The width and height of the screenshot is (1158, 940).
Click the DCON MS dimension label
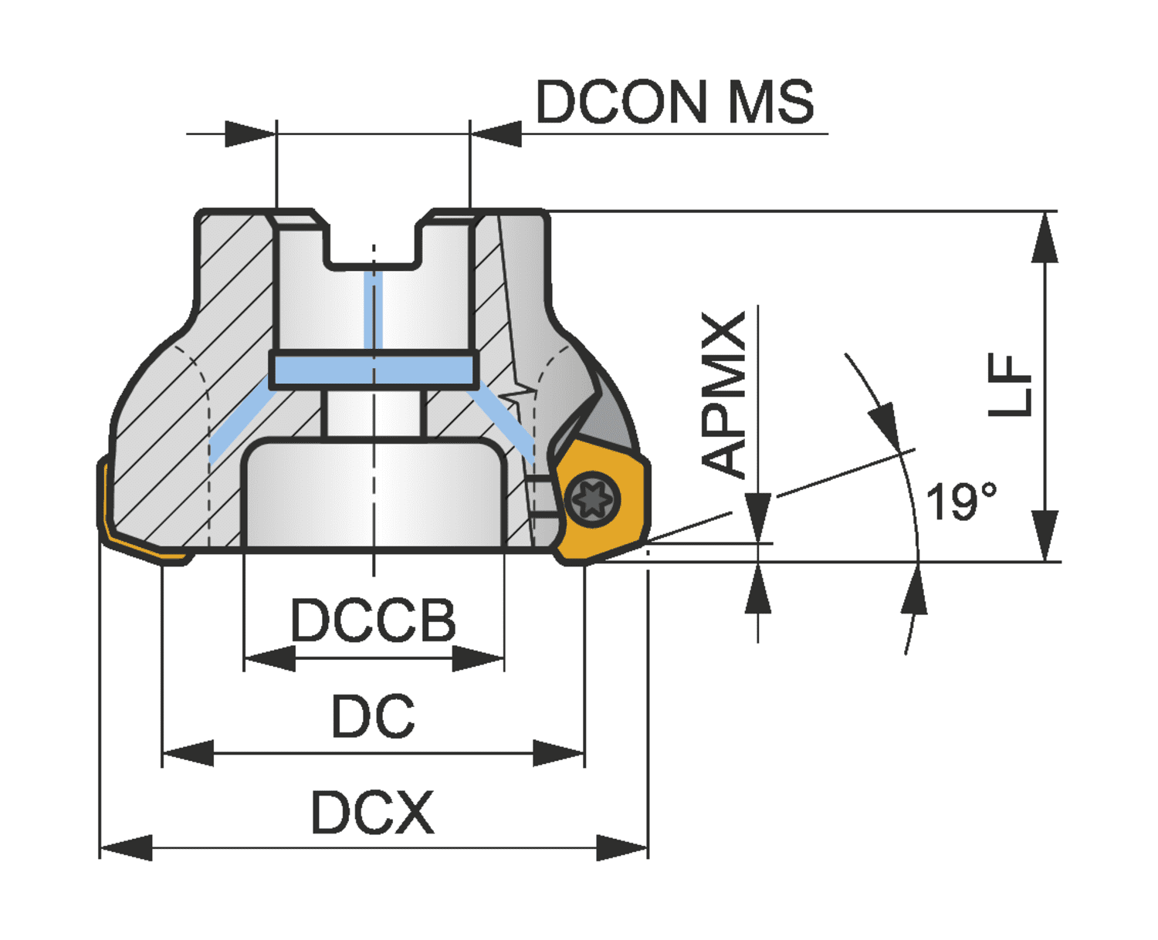tap(674, 102)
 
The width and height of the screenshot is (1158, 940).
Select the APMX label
tap(723, 395)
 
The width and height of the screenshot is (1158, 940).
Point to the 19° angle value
tap(961, 501)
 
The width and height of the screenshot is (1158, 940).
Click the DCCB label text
tap(373, 620)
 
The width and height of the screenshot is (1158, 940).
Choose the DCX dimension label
tap(372, 813)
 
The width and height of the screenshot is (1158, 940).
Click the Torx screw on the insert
tap(593, 499)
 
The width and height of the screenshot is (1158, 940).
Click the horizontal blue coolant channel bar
tap(374, 370)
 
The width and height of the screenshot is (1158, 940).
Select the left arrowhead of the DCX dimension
tap(126, 847)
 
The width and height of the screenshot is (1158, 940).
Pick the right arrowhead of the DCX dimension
tap(622, 847)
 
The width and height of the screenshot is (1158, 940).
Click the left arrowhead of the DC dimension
tap(188, 753)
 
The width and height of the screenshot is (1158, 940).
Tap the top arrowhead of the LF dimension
tap(1045, 238)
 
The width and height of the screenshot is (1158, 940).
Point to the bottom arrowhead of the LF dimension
tap(1045, 535)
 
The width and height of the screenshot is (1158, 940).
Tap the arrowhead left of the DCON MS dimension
tap(251, 134)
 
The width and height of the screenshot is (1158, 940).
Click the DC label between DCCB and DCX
tap(373, 715)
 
